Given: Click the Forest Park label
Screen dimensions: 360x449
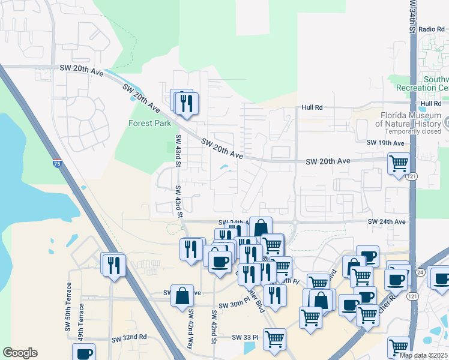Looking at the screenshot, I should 149,124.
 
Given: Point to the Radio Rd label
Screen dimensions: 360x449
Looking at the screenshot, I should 430,29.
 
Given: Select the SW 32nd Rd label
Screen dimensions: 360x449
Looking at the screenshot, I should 129,338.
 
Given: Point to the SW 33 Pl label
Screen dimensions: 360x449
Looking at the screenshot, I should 245,338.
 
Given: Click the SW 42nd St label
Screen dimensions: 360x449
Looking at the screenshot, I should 213,326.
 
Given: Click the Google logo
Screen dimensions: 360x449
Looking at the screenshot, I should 20,353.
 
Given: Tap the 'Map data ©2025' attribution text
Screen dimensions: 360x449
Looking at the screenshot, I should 423,355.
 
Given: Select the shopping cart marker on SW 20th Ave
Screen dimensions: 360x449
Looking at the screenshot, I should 399,163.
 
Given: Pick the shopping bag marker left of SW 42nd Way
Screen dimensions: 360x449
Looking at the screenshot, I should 182,296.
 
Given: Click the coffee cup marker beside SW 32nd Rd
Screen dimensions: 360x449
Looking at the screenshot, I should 85,353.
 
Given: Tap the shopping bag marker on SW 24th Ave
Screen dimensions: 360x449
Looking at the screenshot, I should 261,228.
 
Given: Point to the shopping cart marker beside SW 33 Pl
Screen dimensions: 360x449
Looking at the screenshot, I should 274,338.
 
